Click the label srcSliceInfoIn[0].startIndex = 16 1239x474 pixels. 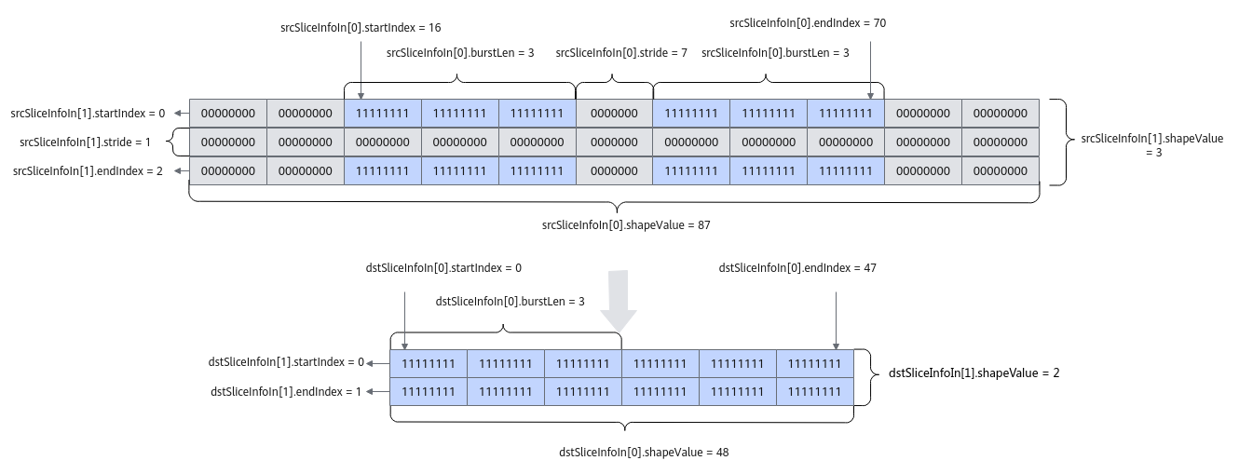361,28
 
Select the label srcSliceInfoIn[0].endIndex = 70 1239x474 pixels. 808,23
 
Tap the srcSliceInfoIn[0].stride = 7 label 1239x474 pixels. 621,53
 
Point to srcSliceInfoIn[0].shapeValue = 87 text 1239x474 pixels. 626,225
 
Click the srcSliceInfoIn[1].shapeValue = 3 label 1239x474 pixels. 1152,145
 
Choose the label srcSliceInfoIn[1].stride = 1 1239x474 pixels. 85,142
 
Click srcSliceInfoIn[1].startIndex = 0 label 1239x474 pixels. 88,114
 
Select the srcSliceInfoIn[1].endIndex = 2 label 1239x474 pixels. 88,171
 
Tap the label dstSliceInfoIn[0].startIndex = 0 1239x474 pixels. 443,268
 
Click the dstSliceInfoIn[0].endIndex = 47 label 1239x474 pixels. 797,268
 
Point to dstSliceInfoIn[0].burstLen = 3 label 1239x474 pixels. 510,302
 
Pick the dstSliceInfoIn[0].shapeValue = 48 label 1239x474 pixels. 644,453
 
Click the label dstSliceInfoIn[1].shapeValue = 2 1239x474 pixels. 974,373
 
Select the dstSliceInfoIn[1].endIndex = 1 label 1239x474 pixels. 286,392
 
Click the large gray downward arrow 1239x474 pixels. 619,301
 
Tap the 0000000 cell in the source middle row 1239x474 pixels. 614,142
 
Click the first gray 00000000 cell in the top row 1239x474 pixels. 228,114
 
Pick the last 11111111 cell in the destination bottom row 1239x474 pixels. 815,392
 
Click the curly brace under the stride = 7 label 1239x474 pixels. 614,83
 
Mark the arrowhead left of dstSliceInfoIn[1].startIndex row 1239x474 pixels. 370,363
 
